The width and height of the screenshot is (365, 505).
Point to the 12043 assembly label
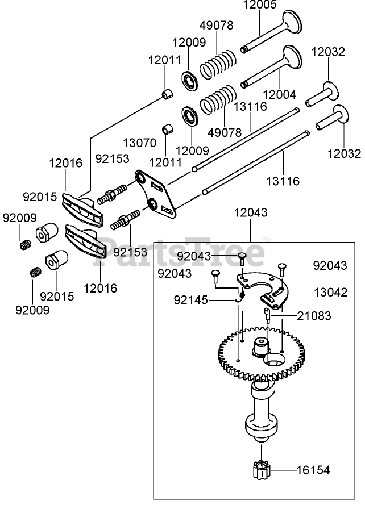250,212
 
